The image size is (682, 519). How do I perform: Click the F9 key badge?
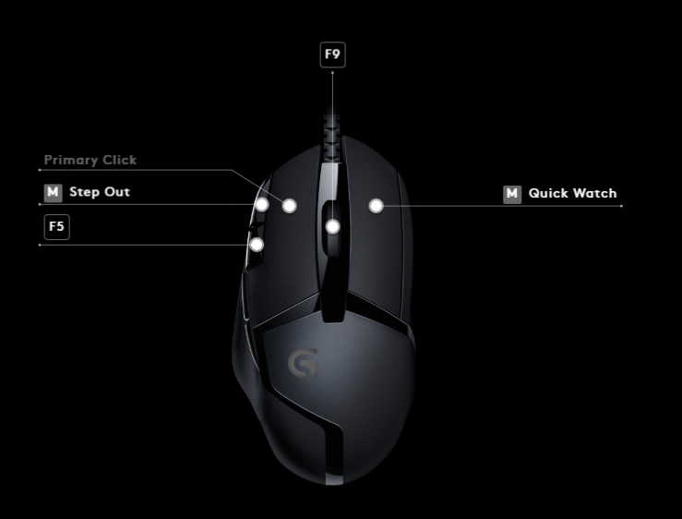point(332,54)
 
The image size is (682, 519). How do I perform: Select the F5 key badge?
point(57,227)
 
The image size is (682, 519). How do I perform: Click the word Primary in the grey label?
point(71,160)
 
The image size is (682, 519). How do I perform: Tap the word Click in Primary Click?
point(119,160)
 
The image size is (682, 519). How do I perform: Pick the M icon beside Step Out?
point(54,192)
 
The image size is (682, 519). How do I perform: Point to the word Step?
point(85,192)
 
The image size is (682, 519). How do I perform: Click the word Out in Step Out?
point(118,192)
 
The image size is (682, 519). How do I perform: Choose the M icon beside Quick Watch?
point(512,194)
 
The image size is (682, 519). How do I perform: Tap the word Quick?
point(548,194)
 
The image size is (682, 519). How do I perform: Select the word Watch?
point(595,194)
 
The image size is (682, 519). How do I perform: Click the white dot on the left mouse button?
point(289,206)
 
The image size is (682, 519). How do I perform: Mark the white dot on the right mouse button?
point(376,206)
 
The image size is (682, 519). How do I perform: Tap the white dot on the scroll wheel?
point(333,226)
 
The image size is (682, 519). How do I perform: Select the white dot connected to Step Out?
point(263,204)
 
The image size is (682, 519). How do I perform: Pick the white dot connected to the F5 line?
point(257,245)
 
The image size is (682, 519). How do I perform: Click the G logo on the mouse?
point(303,363)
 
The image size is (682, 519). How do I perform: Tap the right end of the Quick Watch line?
point(621,206)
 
